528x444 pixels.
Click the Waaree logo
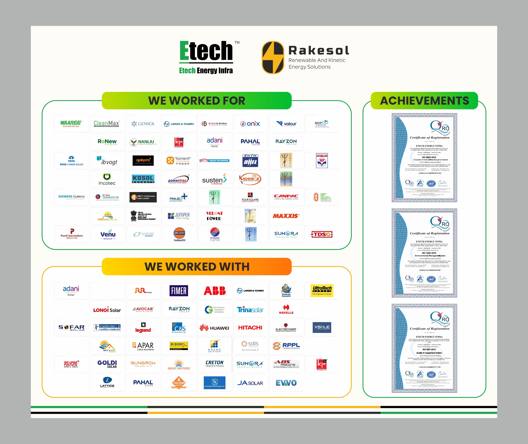71,124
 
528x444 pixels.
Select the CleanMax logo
107,124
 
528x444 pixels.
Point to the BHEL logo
250,160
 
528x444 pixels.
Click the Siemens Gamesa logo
71,197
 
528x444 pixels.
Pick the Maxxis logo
286,216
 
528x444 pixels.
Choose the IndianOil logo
179,234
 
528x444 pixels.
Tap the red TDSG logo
322,234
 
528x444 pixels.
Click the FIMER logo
179,291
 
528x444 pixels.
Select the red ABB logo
215,291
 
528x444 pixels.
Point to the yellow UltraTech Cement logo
322,291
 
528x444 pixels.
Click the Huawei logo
215,328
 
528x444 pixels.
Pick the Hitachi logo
250,328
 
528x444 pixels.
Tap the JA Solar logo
250,383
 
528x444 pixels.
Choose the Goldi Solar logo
107,364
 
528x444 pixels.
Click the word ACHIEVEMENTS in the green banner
424,101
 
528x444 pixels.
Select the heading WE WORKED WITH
197,267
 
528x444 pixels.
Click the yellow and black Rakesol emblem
273,58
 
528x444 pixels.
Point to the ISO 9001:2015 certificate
424,348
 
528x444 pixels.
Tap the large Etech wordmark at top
206,51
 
